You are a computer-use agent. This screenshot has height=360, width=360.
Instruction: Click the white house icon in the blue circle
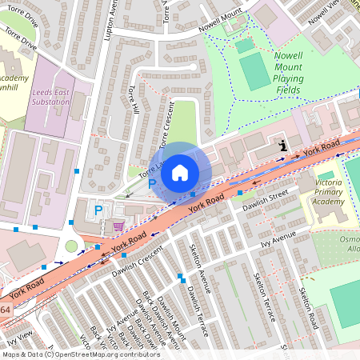coord(180,172)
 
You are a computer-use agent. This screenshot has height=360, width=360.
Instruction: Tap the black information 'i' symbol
coord(283,146)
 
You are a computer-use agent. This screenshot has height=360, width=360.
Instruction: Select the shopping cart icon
coord(118,226)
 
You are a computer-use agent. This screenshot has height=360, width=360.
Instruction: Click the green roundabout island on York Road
coord(72,246)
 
